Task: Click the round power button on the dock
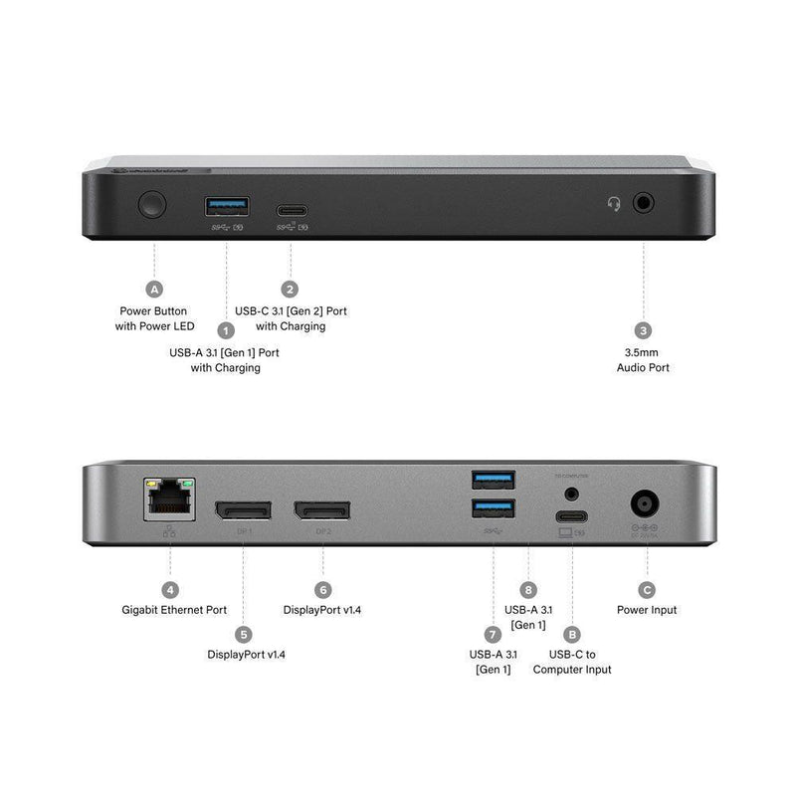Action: click(x=152, y=206)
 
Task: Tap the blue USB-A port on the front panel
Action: click(x=227, y=206)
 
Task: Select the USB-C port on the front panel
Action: click(x=291, y=210)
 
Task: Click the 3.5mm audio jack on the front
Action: click(x=645, y=203)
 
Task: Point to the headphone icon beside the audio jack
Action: click(x=615, y=204)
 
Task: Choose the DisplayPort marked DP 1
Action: click(x=243, y=510)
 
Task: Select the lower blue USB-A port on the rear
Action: click(x=494, y=510)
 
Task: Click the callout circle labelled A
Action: click(x=154, y=290)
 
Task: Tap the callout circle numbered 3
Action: click(x=644, y=330)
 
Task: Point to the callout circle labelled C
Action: click(x=647, y=589)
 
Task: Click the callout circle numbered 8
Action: click(x=527, y=589)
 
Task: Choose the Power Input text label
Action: click(x=647, y=610)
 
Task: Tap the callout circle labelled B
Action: click(x=572, y=633)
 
